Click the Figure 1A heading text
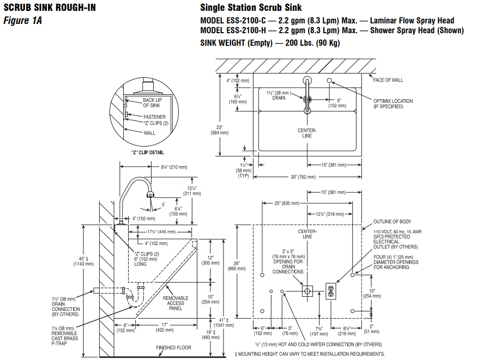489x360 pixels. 22,21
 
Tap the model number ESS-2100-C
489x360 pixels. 246,21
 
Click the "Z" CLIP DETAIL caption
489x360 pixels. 147,152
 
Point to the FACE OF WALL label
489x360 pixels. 388,80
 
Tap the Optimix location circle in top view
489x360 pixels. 329,81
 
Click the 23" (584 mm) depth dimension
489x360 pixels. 220,130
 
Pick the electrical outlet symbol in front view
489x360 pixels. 330,291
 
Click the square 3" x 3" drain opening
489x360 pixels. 307,291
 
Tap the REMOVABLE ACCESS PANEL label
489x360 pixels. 176,303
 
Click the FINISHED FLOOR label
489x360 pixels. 173,347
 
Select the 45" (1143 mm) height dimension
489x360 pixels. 83,261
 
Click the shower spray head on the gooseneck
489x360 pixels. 150,195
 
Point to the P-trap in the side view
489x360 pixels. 135,298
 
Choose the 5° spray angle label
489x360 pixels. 164,205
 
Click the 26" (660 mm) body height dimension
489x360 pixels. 237,266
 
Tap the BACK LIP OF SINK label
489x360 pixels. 152,103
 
